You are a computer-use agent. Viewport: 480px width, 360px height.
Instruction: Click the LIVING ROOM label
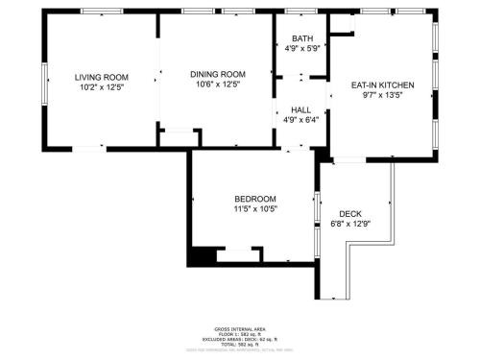click(x=101, y=76)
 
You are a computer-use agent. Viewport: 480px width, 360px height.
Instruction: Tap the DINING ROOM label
click(x=217, y=74)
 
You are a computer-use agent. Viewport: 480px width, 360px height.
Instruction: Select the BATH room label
click(x=301, y=39)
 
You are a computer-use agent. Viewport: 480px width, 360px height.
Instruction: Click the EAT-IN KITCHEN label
click(x=383, y=84)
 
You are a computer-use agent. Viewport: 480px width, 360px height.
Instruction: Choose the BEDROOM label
click(x=254, y=199)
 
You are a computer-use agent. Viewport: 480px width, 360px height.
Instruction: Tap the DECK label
click(x=349, y=214)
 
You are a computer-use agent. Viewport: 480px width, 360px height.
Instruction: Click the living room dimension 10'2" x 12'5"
click(x=101, y=86)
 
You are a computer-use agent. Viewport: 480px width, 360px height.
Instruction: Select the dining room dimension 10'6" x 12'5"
click(x=217, y=85)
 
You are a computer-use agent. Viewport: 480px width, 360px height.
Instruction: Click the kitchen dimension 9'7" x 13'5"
click(x=383, y=95)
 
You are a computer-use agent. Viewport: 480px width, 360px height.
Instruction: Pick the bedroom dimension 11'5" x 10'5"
click(x=254, y=209)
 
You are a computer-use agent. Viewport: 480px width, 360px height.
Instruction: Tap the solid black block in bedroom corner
click(x=203, y=256)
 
